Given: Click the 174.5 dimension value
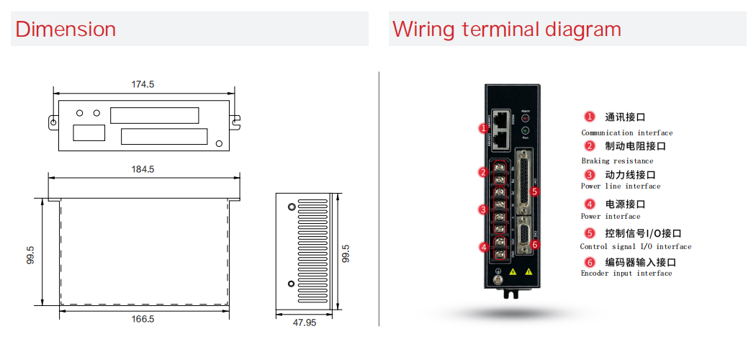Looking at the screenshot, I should [x=143, y=84].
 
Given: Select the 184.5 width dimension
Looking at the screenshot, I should [x=143, y=169].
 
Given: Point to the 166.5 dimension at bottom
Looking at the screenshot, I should [x=143, y=319].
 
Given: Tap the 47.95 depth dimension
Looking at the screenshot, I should [x=304, y=323].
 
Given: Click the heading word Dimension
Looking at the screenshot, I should [x=66, y=30].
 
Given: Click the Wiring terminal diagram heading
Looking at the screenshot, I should [x=507, y=30].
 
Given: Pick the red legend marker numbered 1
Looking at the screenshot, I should [x=590, y=117].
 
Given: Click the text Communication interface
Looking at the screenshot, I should [x=627, y=132].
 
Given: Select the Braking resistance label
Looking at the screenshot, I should [x=617, y=161].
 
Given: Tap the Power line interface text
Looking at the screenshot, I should [x=621, y=186].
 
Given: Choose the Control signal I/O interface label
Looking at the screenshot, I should [x=636, y=246].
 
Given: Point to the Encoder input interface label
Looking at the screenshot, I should [x=626, y=273].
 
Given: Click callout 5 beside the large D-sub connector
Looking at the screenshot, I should [x=534, y=192].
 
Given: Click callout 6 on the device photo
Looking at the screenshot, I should [x=534, y=244].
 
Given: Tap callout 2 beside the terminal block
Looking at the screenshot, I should [x=482, y=172].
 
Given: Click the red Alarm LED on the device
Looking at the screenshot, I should [x=525, y=118].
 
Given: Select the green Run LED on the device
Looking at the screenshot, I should [x=525, y=130].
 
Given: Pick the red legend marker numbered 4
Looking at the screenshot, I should [x=590, y=204].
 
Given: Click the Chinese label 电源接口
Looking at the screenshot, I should [x=625, y=204].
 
